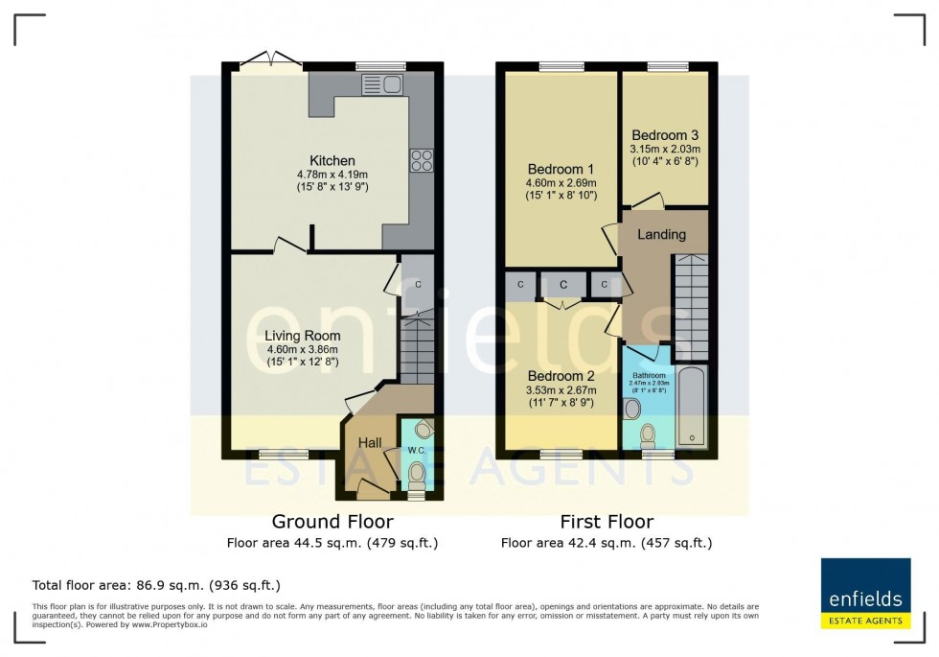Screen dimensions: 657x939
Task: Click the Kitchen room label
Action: pos(332,160)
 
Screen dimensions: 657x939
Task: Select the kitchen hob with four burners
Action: pos(421,160)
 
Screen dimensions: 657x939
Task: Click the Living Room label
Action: pos(303,336)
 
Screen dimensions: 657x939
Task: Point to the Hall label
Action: pos(371,442)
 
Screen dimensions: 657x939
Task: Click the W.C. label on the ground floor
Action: pos(416,450)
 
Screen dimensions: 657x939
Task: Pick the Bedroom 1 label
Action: pos(561,168)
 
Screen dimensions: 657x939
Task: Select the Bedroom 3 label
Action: pos(665,135)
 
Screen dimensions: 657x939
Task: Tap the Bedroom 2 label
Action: pos(561,376)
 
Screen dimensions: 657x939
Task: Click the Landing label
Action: pos(661,234)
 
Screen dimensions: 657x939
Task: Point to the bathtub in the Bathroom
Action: pos(692,408)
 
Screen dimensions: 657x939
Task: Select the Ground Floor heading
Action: pos(332,522)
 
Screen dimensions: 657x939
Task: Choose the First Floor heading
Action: pos(607,522)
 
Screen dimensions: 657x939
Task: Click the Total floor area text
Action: pos(156,584)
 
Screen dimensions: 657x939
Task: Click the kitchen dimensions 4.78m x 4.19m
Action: pos(332,175)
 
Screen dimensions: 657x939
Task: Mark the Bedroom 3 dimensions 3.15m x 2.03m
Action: pos(665,150)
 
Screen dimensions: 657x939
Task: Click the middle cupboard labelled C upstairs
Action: pos(563,285)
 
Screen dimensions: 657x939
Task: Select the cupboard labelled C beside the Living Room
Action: pos(418,285)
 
